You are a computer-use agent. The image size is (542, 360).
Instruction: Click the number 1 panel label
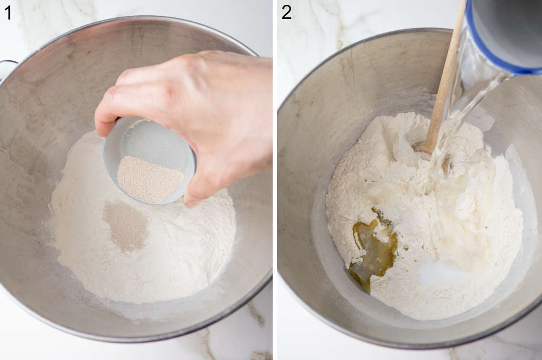8,12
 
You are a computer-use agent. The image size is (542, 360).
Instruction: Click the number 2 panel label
286,12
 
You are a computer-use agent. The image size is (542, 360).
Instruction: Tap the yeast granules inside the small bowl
150,178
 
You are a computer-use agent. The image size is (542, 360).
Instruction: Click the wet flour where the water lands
455,195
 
